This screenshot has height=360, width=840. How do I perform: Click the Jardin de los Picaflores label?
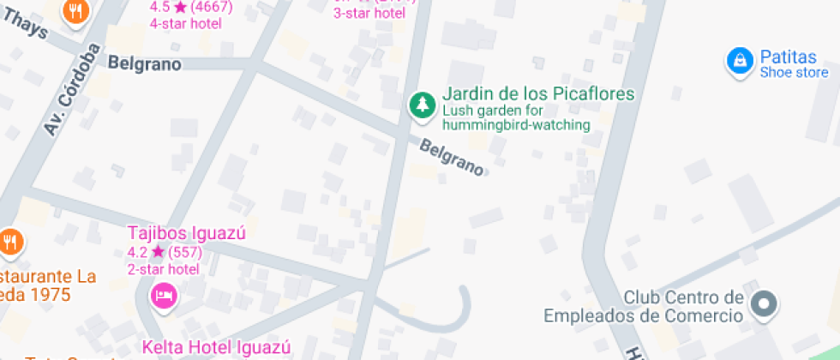538,93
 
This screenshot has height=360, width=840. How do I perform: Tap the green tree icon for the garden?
421,104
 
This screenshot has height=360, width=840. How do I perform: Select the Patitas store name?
788,57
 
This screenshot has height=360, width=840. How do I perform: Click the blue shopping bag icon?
738,61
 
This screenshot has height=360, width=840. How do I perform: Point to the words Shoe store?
794,73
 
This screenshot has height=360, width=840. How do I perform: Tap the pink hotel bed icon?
163,296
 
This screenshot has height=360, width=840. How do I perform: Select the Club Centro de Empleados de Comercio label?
643,307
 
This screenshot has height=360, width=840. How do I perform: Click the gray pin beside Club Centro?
762,303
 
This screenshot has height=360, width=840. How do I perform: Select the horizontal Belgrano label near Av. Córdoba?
144,63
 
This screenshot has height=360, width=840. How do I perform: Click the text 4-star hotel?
186,23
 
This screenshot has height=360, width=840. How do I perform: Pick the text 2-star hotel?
164,269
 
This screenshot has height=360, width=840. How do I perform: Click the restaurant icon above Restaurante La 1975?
10,243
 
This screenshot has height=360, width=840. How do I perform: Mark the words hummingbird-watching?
517,125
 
